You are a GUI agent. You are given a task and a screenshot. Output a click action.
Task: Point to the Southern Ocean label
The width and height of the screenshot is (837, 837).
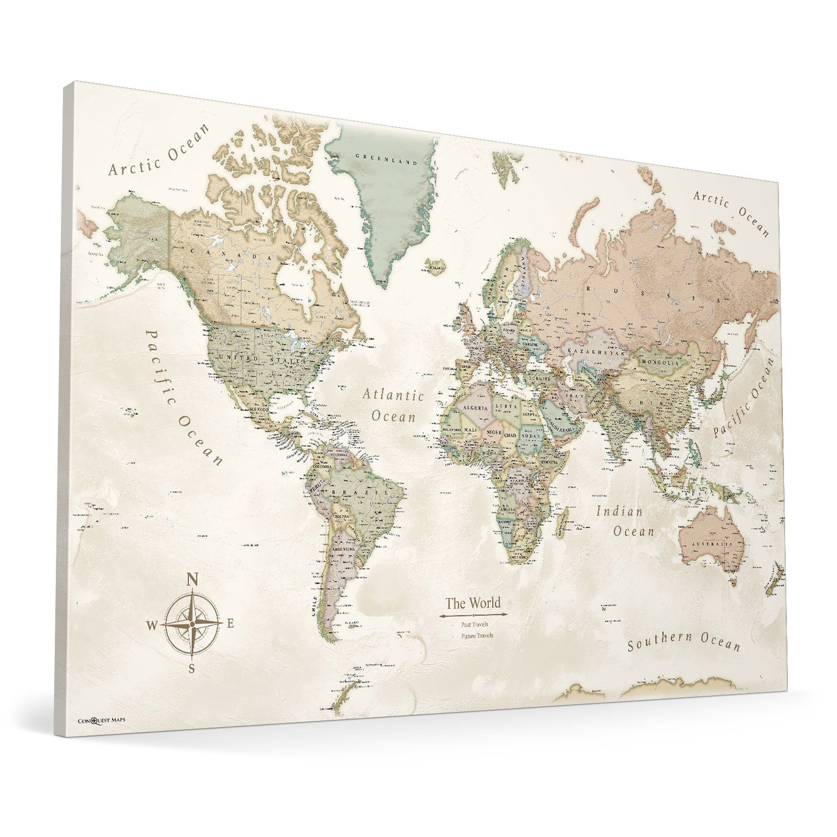(x=684, y=643)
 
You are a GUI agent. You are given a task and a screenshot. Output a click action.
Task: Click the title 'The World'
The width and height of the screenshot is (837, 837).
(x=473, y=603)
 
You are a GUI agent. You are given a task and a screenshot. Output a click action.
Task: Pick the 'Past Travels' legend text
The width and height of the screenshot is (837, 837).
(x=475, y=624)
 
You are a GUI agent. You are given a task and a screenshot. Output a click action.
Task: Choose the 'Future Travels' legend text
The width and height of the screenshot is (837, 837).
(x=477, y=636)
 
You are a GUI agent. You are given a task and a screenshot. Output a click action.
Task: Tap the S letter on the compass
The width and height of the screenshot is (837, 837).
(x=191, y=669)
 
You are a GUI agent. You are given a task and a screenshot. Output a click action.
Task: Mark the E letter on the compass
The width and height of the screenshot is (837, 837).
(x=229, y=623)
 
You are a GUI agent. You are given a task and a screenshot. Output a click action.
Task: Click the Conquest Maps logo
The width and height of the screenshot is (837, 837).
(x=101, y=720)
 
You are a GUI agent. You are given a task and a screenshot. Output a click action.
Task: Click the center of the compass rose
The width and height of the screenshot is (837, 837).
(x=191, y=624)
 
